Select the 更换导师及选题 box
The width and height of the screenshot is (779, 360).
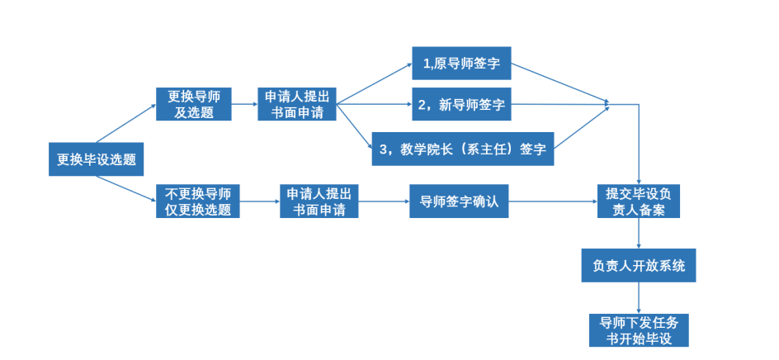(195, 104)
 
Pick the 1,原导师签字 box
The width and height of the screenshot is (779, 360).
(461, 63)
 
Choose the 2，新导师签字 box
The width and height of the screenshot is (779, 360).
(461, 105)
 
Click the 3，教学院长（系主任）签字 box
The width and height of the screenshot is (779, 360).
(462, 149)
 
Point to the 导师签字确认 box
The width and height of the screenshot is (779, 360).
(459, 201)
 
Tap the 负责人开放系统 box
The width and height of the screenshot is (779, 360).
(639, 266)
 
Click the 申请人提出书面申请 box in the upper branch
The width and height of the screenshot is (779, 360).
(296, 104)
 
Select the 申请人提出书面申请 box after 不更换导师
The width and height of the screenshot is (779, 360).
(319, 201)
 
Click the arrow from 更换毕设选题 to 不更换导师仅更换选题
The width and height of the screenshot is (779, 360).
(125, 188)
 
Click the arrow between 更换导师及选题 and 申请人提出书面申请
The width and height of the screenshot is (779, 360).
(244, 105)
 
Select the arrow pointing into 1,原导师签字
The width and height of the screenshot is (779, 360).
(375, 83)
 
